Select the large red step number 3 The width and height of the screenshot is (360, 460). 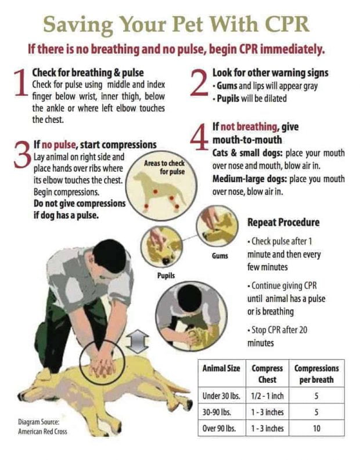click(21, 155)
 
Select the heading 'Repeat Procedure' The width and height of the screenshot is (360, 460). click(283, 222)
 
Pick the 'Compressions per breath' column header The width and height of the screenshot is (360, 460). click(316, 374)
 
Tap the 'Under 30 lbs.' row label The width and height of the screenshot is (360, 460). click(221, 396)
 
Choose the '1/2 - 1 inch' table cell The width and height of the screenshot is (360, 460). click(267, 396)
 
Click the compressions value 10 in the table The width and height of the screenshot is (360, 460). click(316, 429)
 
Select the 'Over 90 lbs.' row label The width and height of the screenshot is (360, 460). click(219, 429)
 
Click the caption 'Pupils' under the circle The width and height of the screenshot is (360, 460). click(166, 275)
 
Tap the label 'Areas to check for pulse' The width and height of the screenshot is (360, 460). click(164, 168)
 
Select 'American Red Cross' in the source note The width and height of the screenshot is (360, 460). click(42, 432)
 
